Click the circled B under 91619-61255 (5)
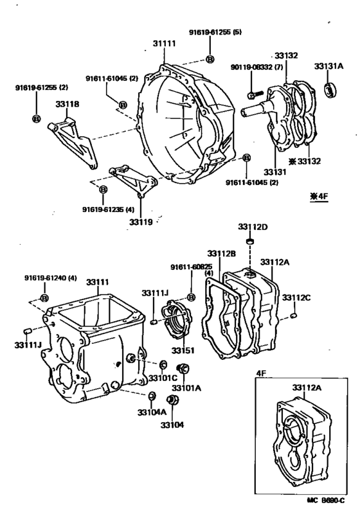210,59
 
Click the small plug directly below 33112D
253,242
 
